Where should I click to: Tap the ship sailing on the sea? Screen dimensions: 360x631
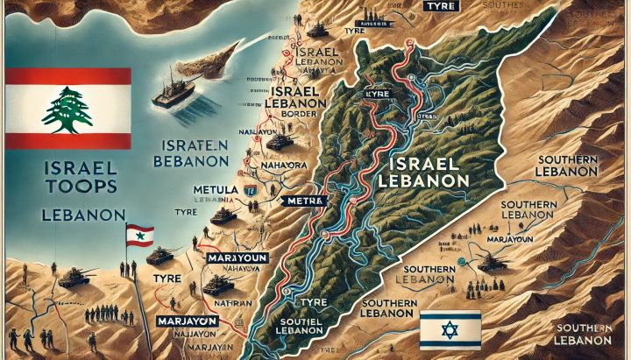pyautogui.click(x=180, y=88)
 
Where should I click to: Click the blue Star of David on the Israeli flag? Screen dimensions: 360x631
pyautogui.click(x=450, y=329)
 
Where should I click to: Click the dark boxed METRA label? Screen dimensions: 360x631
pyautogui.click(x=305, y=201)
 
